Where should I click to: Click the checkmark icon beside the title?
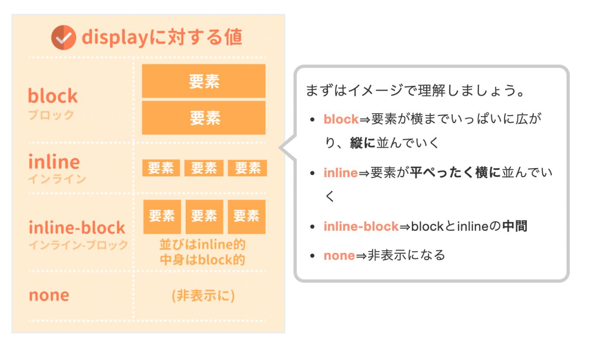64,38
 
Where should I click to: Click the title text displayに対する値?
162,38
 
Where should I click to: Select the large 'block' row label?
53,96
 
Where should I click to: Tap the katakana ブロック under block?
51,115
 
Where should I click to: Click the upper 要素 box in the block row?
204,81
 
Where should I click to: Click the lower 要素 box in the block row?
204,118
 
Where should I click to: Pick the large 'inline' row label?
54,162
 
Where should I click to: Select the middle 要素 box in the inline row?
204,168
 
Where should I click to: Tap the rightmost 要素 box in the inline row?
247,168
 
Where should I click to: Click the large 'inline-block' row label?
77,227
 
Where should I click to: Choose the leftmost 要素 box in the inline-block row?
162,216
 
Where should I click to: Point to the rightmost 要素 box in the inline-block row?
246,216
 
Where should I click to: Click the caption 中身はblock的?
202,260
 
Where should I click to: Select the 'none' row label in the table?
49,296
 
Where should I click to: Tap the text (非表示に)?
203,296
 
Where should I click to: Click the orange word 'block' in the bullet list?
341,119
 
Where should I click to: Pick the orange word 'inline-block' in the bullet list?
361,226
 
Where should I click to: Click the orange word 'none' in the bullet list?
339,255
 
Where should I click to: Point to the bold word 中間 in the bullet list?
515,226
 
